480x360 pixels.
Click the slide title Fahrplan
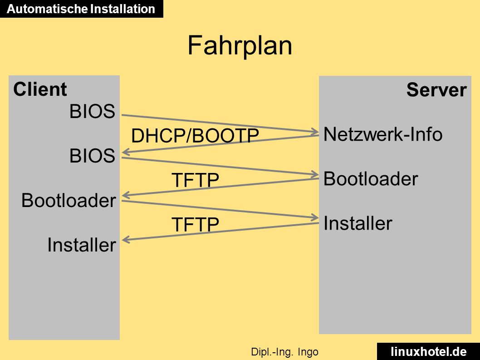[240, 45]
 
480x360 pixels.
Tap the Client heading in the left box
[40, 89]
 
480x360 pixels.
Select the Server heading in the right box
[436, 90]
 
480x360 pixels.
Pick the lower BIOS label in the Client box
[92, 155]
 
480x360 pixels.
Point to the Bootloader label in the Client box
[69, 200]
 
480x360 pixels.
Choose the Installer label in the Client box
[82, 245]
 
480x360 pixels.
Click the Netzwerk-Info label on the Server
[383, 134]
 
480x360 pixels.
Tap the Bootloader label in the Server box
[371, 178]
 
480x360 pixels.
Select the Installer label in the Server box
[358, 223]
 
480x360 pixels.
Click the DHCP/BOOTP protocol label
[195, 135]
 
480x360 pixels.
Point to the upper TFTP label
[195, 180]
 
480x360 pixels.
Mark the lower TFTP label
[195, 224]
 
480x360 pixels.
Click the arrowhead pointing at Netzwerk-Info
[315, 132]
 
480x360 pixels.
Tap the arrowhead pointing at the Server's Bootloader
[315, 175]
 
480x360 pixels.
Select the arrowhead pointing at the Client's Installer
[126, 240]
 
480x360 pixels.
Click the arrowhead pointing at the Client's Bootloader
[126, 195]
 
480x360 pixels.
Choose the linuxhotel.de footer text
[429, 351]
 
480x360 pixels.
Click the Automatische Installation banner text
[81, 9]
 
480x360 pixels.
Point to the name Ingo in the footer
[308, 352]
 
